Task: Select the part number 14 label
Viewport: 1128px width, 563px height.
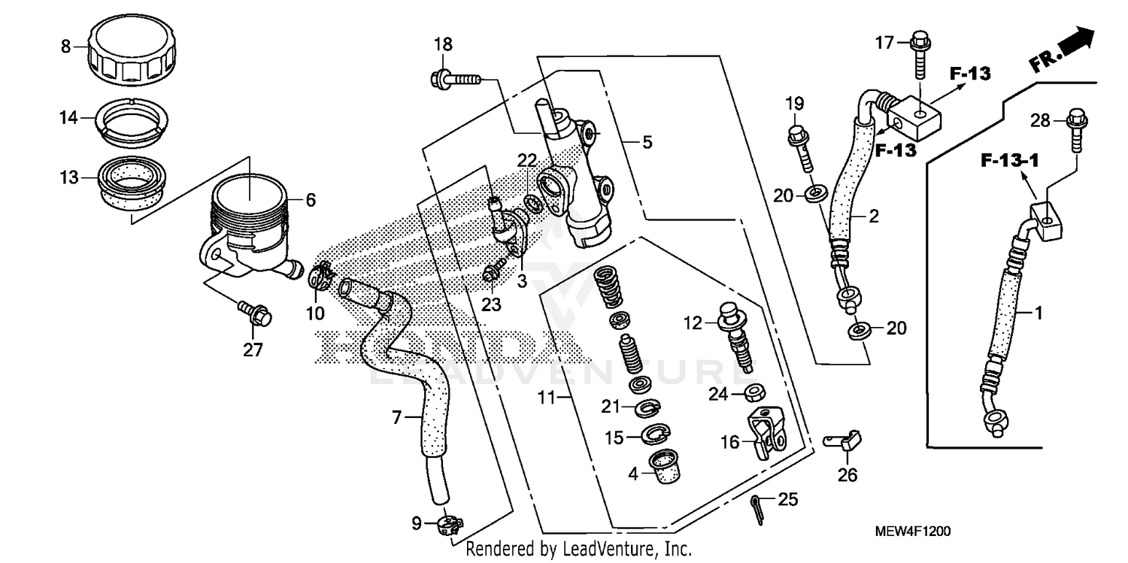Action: [x=68, y=117]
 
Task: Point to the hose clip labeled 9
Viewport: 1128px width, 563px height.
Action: [x=448, y=522]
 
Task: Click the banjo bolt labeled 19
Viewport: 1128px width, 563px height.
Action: [x=799, y=148]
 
